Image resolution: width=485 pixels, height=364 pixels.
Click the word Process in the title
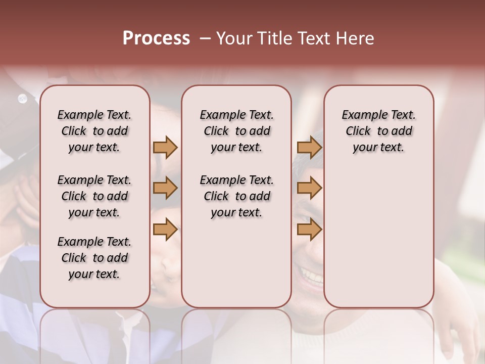(156, 38)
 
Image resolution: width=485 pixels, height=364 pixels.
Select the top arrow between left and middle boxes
(165, 147)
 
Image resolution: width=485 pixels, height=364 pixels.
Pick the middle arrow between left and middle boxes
(165, 188)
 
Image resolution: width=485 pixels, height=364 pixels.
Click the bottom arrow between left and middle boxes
(165, 230)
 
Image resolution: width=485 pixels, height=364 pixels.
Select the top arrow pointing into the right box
(309, 147)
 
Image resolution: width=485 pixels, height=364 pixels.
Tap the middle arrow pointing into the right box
(309, 188)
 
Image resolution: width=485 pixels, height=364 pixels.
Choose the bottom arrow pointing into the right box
(309, 230)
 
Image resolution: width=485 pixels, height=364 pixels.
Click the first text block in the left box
(94, 131)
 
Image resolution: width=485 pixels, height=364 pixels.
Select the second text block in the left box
(94, 196)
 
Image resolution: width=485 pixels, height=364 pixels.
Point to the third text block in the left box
(94, 258)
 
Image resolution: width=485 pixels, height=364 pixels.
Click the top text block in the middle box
(236, 131)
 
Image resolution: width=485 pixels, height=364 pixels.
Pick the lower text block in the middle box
(236, 196)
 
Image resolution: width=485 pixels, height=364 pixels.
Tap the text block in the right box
(378, 131)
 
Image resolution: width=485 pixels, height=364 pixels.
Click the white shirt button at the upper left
(22, 99)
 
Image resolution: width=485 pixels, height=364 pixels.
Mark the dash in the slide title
(205, 38)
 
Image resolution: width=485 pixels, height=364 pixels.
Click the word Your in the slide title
(234, 38)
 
